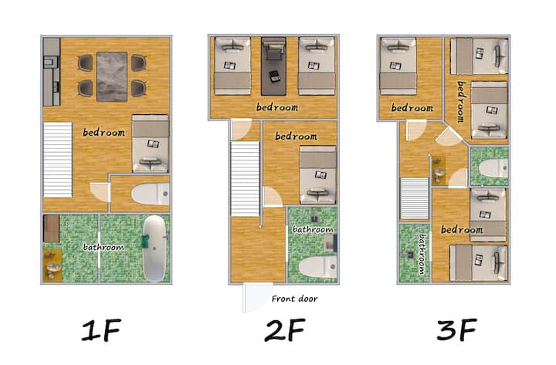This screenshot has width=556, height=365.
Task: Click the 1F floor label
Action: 102,330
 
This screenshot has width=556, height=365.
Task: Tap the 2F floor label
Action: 284,330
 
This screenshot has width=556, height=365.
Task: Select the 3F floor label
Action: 456,330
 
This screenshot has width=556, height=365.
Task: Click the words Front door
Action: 294,299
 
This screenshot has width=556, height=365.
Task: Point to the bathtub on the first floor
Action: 154,248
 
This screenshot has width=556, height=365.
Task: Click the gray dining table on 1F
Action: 112,77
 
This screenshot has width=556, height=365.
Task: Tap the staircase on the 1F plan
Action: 58,160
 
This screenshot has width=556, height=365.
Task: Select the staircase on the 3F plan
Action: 415,198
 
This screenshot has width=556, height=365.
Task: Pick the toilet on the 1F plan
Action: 151,194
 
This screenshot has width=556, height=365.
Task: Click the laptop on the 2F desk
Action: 274,76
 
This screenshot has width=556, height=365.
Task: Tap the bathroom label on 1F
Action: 103,247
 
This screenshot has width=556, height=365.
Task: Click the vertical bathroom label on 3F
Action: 422,254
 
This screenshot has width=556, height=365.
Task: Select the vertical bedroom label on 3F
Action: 460,102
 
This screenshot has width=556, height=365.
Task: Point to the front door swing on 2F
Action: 257,298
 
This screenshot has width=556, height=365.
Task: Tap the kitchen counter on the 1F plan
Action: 52,72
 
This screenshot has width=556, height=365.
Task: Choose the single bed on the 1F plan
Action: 151,144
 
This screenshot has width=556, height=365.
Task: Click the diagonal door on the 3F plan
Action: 449,137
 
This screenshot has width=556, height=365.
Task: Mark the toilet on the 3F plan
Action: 493,168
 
